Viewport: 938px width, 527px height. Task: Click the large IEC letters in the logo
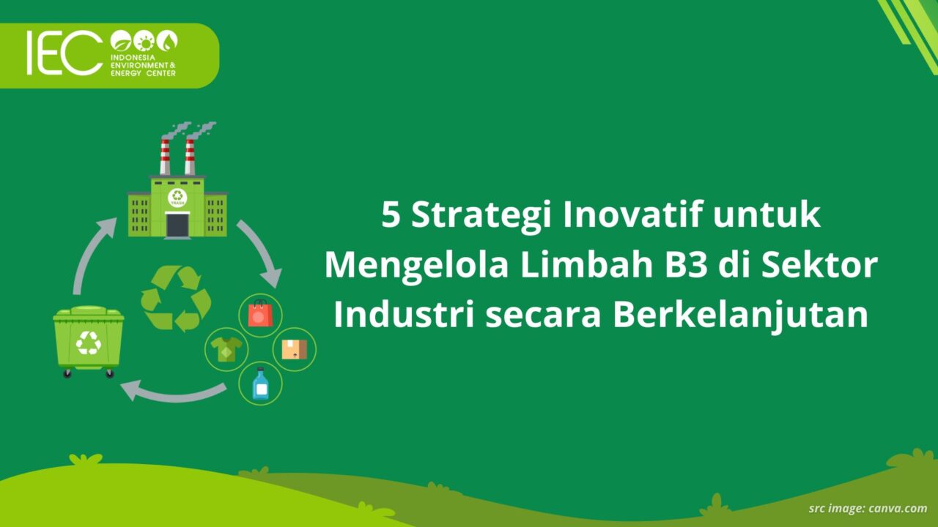(64, 53)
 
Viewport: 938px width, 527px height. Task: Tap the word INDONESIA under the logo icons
(133, 57)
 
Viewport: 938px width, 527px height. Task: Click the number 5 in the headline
(391, 215)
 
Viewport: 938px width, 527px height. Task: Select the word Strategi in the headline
(481, 217)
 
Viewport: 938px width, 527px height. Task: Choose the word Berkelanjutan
(741, 316)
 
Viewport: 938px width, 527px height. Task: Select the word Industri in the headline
(404, 315)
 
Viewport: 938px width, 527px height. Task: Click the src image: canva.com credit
(868, 509)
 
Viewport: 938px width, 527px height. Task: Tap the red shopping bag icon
(260, 315)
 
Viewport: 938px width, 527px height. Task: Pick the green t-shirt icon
(226, 349)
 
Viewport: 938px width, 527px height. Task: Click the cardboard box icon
(295, 349)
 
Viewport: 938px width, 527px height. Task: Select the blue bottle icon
(260, 384)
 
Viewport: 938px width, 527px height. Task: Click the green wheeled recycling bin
(89, 341)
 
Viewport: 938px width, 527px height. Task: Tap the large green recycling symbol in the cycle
(176, 298)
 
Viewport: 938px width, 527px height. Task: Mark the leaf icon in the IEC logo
(121, 41)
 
